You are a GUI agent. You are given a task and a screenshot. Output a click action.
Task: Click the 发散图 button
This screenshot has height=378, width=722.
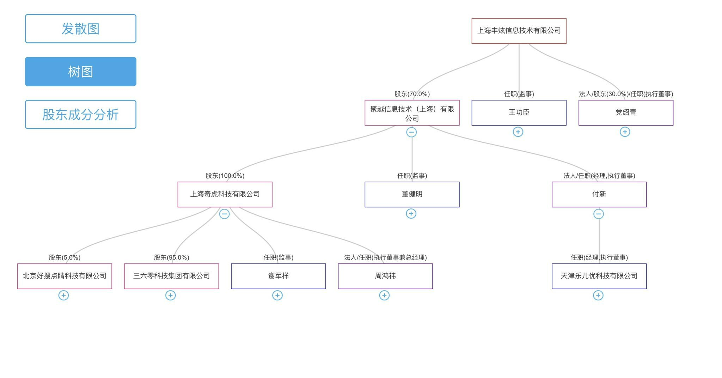pos(80,29)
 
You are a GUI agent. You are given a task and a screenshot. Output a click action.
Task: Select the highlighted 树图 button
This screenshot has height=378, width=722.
pos(80,72)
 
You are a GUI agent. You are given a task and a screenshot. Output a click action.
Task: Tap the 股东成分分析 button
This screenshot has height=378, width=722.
pos(80,115)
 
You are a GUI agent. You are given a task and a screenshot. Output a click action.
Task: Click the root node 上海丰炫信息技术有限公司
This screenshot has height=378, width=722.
pos(519,31)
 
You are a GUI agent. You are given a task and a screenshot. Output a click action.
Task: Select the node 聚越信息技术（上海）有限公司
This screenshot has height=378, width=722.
pos(412,113)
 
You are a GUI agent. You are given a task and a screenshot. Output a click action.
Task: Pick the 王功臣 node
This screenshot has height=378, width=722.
pos(519,113)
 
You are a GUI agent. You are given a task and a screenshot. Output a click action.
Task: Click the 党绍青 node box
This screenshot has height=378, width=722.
pos(626,113)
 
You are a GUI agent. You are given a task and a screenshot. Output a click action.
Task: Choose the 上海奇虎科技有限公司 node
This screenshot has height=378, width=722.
pos(225,194)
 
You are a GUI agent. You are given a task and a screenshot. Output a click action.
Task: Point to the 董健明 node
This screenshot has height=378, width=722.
pos(412,194)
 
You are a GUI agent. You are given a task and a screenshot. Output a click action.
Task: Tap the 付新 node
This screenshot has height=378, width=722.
pos(599,194)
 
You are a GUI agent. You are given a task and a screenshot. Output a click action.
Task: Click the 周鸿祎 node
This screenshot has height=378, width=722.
pos(385,276)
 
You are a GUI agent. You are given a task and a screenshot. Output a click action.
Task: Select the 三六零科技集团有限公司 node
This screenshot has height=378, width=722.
pos(171,276)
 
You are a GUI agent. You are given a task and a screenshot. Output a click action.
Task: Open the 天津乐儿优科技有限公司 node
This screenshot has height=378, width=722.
pos(599,276)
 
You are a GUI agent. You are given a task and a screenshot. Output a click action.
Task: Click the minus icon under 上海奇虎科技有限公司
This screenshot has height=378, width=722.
pos(224,214)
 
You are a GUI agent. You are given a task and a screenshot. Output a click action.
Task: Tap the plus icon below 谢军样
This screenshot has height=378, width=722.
pos(277,295)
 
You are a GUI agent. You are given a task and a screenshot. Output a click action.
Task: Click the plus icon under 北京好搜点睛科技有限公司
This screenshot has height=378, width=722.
pos(63,295)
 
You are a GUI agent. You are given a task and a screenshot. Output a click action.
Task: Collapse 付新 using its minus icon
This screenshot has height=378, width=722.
pos(599,214)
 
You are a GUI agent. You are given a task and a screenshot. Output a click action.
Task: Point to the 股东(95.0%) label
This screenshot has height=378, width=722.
pos(171,257)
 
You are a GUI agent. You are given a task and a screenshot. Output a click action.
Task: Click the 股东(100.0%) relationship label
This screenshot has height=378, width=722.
pos(225,176)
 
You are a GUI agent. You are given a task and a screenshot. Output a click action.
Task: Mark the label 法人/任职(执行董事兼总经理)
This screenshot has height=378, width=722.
pos(385,257)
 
